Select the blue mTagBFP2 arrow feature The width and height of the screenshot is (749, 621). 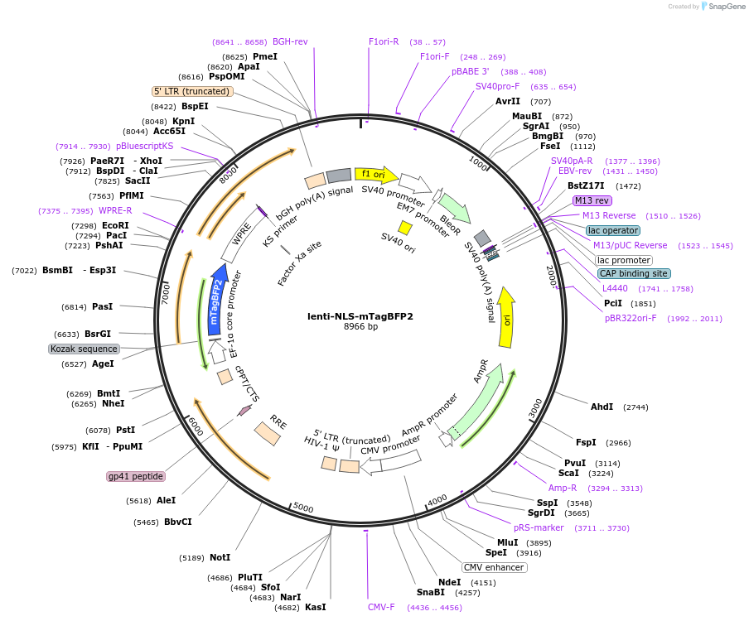pos(218,299)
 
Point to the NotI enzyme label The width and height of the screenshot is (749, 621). pos(220,557)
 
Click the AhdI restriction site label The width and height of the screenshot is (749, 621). pos(602,407)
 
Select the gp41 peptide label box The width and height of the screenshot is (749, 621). pos(136,476)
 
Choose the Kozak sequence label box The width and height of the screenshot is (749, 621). pos(84,349)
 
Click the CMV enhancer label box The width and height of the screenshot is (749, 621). pos(494,567)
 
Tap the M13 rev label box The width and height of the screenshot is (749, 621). pos(592,200)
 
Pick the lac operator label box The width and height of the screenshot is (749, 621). pos(612,230)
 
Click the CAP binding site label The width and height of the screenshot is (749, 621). pos(634,273)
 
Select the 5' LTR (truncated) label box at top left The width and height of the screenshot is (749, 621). pos(192,91)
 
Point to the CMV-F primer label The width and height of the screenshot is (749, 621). pos(381,607)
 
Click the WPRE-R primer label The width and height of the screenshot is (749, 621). pos(115,210)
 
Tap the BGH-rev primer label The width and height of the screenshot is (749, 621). pos(290,41)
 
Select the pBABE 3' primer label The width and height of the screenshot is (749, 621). pos(470,71)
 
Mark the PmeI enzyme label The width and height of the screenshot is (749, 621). pos(265,56)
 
